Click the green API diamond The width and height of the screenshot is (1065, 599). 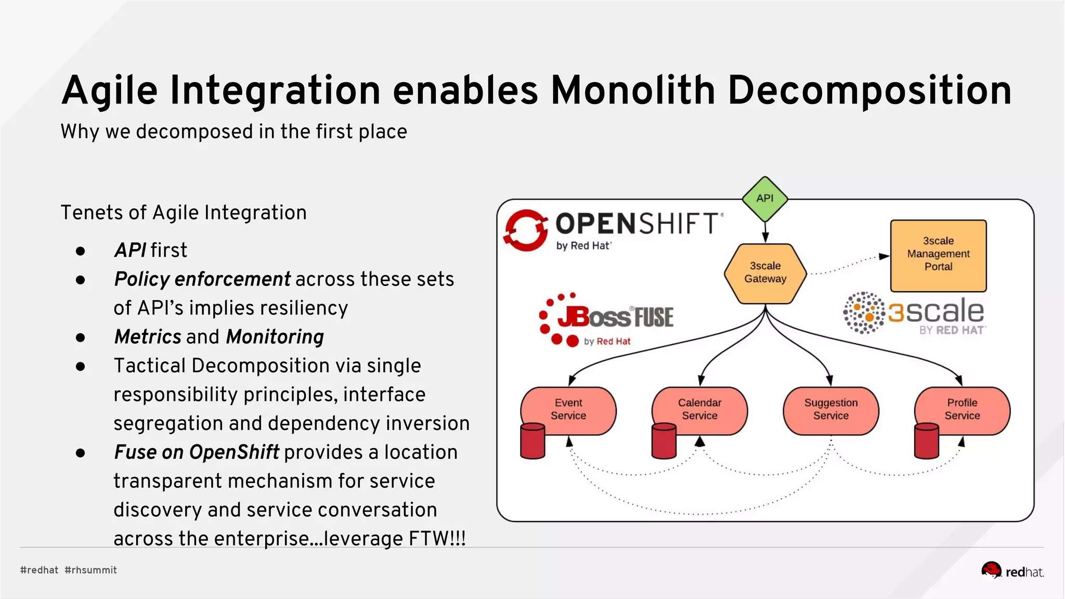[764, 199]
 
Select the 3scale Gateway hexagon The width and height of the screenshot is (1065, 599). [765, 272]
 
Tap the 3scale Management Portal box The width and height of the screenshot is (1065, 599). [938, 255]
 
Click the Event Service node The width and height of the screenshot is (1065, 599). [568, 409]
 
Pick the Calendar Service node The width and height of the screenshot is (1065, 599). [699, 409]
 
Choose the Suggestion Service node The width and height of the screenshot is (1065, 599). [830, 410]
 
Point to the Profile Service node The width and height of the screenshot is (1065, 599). [962, 409]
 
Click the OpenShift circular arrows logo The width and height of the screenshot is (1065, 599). [526, 230]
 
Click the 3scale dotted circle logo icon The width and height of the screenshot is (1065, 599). [863, 312]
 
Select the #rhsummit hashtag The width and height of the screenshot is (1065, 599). [90, 570]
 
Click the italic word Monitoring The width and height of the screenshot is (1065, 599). [275, 337]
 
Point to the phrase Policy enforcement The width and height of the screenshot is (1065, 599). [202, 279]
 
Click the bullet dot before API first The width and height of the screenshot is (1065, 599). [80, 251]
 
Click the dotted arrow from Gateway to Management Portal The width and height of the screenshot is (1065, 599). [848, 265]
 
